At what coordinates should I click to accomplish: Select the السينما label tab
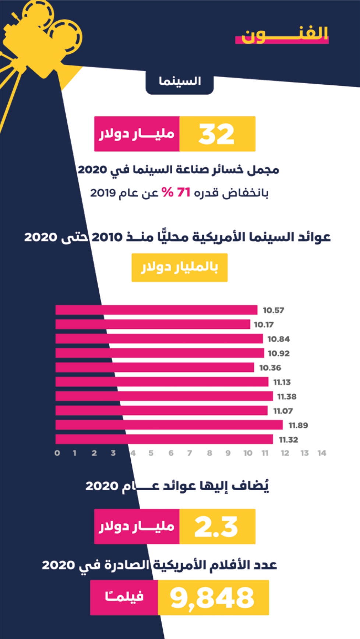(x=180, y=81)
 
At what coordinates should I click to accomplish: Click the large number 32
(x=216, y=134)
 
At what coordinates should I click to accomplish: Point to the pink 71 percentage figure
(x=183, y=192)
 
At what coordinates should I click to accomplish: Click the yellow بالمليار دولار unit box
(x=180, y=268)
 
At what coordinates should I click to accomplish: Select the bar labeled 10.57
(x=156, y=310)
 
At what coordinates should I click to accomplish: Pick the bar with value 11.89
(x=169, y=425)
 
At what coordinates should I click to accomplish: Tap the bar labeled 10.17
(x=153, y=324)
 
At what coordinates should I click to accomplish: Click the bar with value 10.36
(x=155, y=367)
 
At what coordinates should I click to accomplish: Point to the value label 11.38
(x=287, y=396)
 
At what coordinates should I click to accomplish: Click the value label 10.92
(x=279, y=353)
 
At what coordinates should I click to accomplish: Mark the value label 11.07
(x=283, y=411)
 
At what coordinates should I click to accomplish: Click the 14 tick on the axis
(x=322, y=453)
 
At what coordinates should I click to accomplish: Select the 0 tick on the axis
(x=57, y=453)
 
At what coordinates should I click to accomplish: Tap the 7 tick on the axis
(x=190, y=453)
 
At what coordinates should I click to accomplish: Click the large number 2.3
(x=216, y=526)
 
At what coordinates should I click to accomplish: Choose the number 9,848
(x=212, y=597)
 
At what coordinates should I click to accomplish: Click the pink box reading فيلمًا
(x=124, y=597)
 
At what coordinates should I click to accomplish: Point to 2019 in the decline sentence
(x=103, y=193)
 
